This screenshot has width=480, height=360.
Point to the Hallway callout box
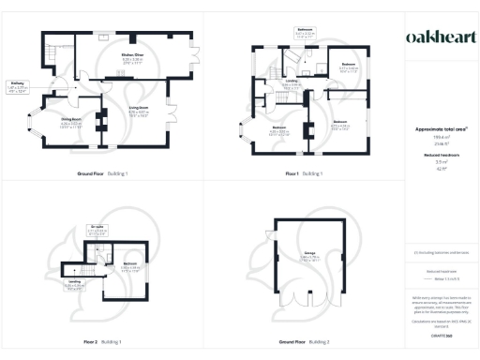(18, 89)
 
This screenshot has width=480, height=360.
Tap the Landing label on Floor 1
(293, 83)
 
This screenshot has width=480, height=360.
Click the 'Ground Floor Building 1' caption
(102, 174)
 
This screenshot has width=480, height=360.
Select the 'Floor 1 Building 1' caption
(305, 174)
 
